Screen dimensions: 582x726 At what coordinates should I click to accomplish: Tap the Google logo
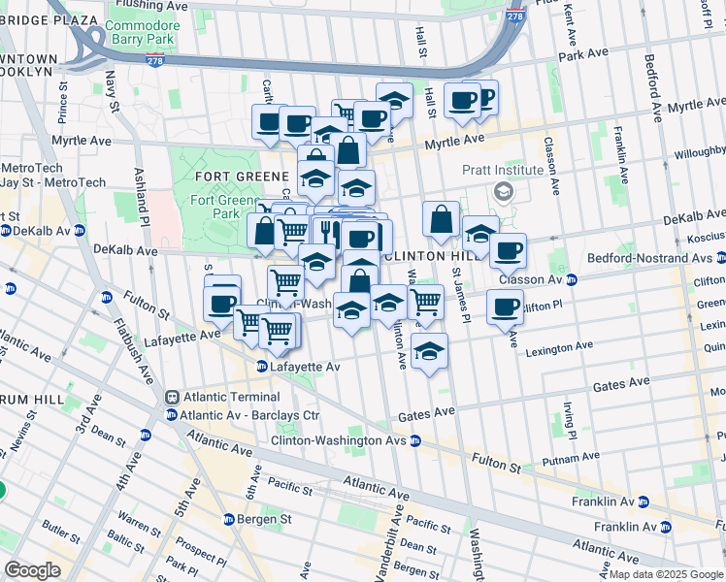coord(32,570)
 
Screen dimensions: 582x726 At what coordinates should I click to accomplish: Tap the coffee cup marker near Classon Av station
coord(505,307)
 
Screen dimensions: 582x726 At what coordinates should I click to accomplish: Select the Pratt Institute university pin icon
coord(502,191)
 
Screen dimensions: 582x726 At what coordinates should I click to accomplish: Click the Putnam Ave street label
coord(562,459)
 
